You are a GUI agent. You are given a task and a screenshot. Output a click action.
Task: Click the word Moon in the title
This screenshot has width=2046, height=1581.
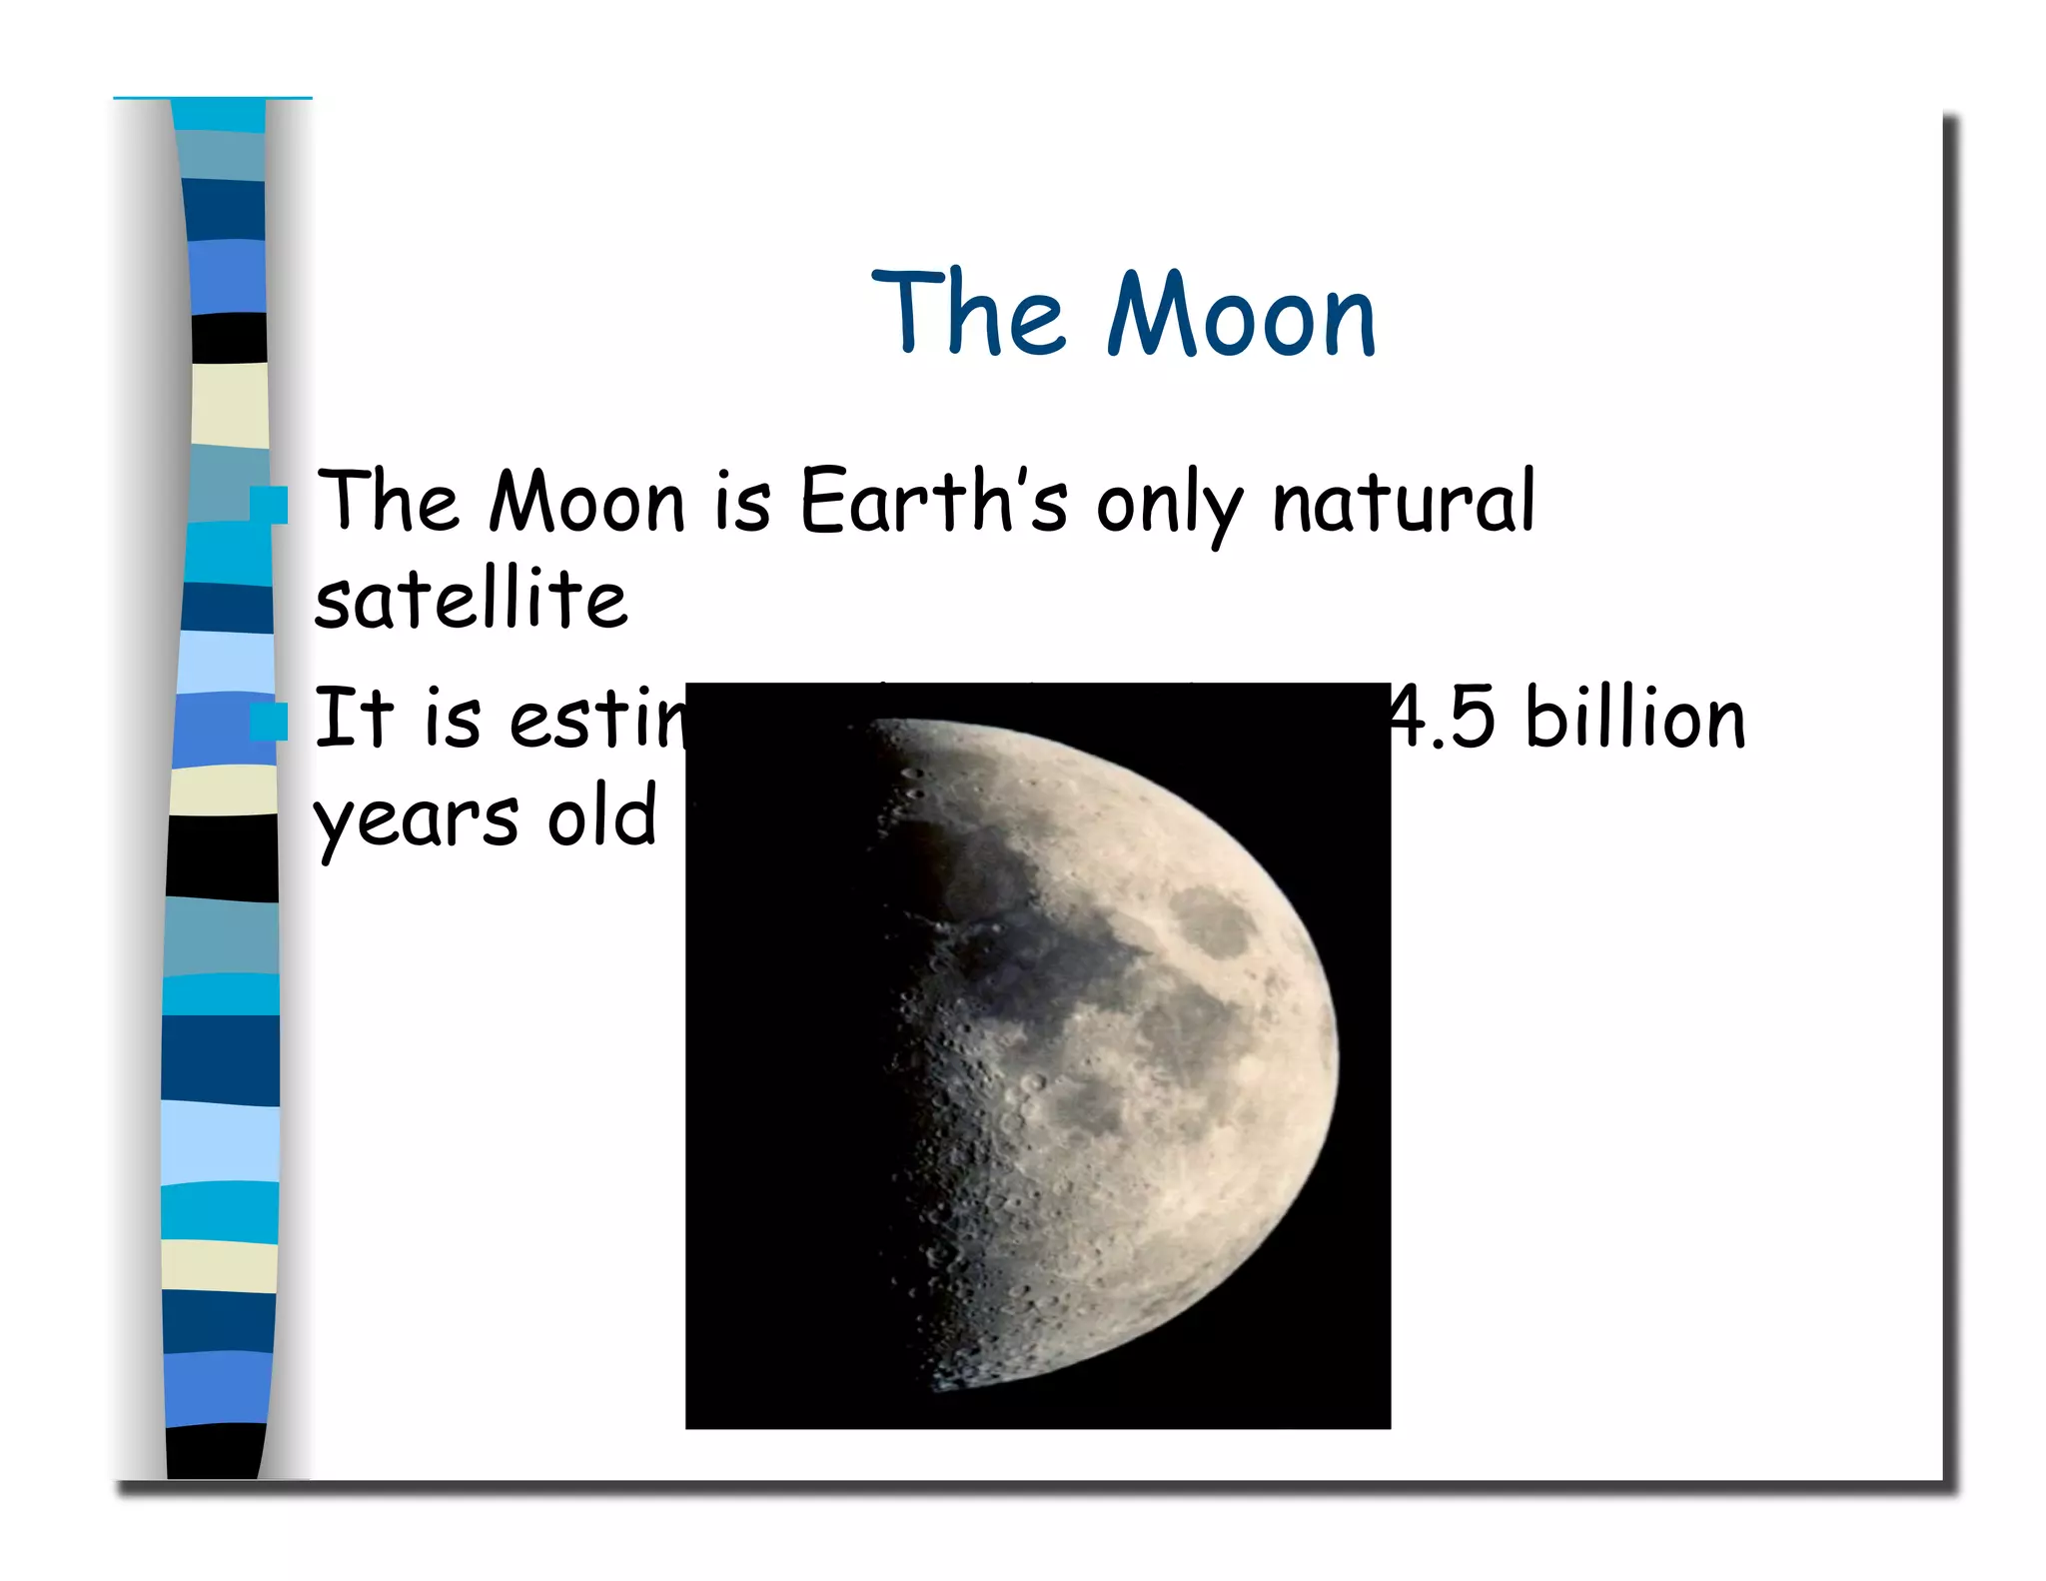(1241, 315)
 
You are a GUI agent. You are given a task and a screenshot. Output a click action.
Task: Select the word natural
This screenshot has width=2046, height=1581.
(1403, 502)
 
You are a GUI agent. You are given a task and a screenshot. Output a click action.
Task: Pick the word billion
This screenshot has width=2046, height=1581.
(1635, 719)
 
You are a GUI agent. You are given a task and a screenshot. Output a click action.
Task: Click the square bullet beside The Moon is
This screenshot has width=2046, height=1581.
(268, 505)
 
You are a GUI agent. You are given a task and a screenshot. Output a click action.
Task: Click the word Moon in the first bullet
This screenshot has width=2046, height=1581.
(587, 502)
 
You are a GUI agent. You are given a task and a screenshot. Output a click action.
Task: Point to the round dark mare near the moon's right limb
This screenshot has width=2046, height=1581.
(1211, 921)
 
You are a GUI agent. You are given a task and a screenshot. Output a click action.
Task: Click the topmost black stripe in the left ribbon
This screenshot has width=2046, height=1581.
(229, 338)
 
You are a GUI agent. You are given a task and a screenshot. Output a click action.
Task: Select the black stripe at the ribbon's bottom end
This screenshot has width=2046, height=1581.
(216, 1450)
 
